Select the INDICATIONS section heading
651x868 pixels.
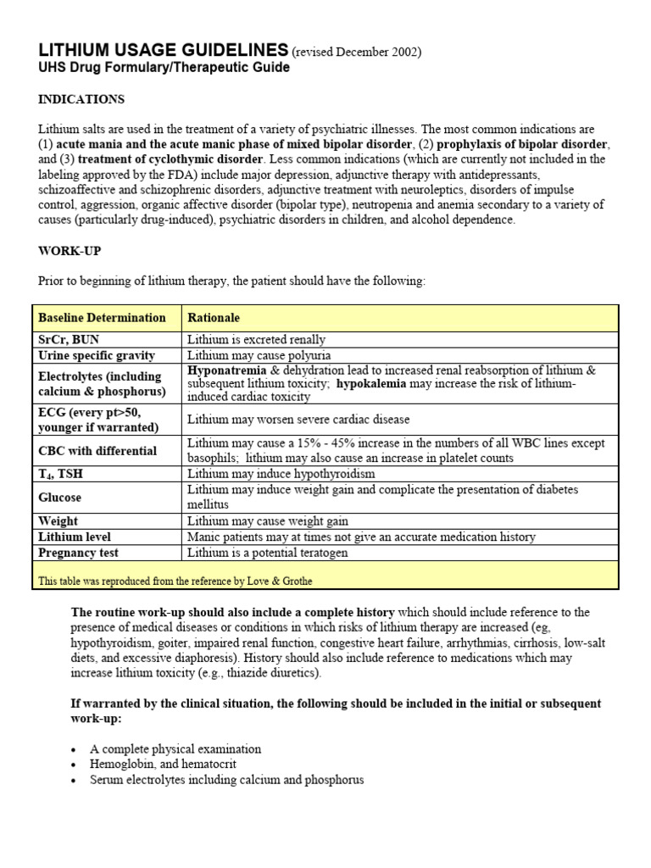[81, 99]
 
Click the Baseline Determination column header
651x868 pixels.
[102, 318]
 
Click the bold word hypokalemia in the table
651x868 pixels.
[372, 384]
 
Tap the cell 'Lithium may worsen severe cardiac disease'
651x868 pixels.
[298, 420]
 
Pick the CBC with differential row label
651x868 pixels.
[97, 451]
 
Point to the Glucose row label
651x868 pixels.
[60, 498]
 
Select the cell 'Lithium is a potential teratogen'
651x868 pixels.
[268, 553]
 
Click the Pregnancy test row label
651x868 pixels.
[78, 553]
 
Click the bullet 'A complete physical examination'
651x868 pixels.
[175, 749]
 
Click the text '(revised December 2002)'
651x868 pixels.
[356, 53]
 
